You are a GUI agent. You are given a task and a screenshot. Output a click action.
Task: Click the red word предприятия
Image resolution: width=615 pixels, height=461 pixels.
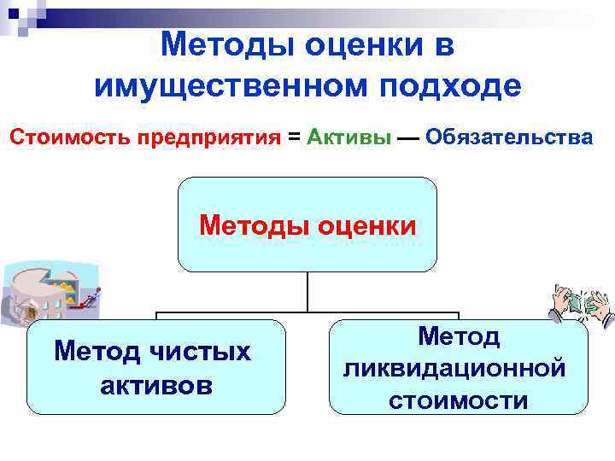click(x=206, y=137)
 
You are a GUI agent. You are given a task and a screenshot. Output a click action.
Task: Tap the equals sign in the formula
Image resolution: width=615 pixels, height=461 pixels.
click(x=294, y=137)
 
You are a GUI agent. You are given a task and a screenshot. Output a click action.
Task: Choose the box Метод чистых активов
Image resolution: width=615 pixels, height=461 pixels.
click(x=155, y=367)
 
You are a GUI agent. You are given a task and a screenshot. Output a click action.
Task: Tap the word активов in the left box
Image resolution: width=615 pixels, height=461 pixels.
click(x=155, y=384)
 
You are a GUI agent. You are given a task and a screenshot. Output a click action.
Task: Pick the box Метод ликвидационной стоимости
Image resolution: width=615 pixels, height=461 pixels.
click(x=458, y=367)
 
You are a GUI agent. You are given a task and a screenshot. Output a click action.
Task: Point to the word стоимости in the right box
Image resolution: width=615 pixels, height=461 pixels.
click(x=458, y=400)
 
